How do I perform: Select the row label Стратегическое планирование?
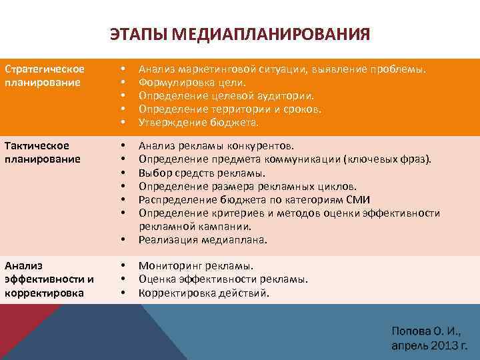click(x=44, y=76)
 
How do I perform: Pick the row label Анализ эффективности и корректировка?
click(x=49, y=279)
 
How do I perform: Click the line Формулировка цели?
click(x=192, y=83)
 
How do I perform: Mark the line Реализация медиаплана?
click(x=203, y=239)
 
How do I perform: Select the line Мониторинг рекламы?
click(x=196, y=265)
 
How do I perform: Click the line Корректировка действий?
click(x=204, y=292)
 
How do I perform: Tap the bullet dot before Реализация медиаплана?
click(x=123, y=239)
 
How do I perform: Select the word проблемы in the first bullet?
click(x=399, y=69)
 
